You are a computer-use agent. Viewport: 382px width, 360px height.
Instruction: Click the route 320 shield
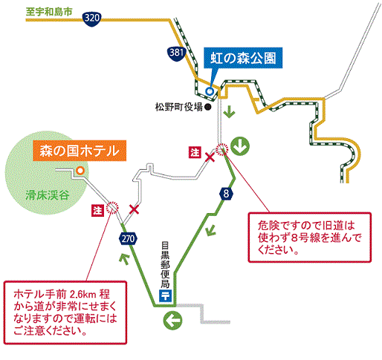click(91, 19)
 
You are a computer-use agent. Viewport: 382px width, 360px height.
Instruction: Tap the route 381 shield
click(176, 53)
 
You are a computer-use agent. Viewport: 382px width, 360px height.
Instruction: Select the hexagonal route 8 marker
click(226, 194)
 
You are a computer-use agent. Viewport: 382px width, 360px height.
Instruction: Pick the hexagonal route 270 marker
click(128, 239)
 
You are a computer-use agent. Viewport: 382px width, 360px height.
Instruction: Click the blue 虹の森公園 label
click(243, 58)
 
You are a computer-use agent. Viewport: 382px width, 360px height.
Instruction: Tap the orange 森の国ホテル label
click(80, 151)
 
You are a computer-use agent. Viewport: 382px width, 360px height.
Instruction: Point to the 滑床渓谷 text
click(48, 195)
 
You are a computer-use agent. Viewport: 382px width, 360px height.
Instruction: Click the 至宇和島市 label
click(49, 12)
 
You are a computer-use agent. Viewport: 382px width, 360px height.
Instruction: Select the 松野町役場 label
click(179, 107)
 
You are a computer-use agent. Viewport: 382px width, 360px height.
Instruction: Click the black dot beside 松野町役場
click(208, 107)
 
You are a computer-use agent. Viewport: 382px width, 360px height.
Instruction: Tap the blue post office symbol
click(165, 295)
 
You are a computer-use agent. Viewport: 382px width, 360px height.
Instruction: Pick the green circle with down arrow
click(240, 146)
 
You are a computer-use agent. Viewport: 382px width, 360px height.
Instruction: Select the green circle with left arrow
click(172, 321)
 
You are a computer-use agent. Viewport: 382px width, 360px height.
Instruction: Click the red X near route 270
click(134, 209)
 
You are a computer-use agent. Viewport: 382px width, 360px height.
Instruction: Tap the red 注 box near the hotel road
click(97, 210)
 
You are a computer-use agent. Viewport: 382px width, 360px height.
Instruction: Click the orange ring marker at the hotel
click(80, 171)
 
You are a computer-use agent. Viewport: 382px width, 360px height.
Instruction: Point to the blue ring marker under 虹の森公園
click(210, 91)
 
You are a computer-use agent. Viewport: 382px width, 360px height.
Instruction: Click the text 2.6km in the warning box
click(83, 295)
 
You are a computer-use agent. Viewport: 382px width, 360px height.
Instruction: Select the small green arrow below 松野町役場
click(229, 111)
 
